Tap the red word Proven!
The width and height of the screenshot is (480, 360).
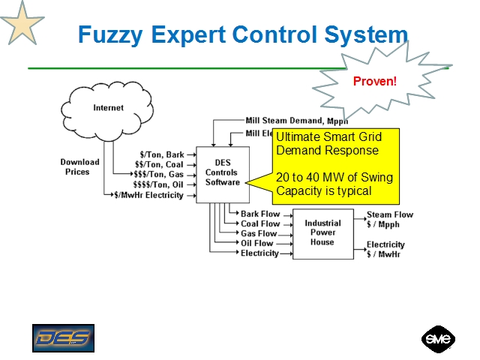pos(374,81)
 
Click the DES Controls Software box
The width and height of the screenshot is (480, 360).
pos(222,173)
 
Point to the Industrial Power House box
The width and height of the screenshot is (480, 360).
pos(322,232)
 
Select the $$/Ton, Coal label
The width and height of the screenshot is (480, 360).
pos(159,165)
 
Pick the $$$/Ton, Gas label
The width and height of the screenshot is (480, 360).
pos(158,175)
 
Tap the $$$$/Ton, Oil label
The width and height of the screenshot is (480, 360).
pos(158,184)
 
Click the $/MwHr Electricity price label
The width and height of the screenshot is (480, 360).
pos(148,195)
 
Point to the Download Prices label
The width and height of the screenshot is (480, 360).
pos(79,166)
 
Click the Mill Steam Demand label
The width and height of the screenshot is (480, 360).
pos(296,120)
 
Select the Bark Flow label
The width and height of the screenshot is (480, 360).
pos(260,214)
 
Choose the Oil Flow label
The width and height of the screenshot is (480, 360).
pos(257,243)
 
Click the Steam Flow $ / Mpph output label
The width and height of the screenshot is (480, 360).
pos(389,219)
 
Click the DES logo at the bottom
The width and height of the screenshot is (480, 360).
pos(63,338)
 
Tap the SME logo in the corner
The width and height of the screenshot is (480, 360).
pos(437,339)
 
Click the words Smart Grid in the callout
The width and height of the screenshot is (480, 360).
pos(356,137)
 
